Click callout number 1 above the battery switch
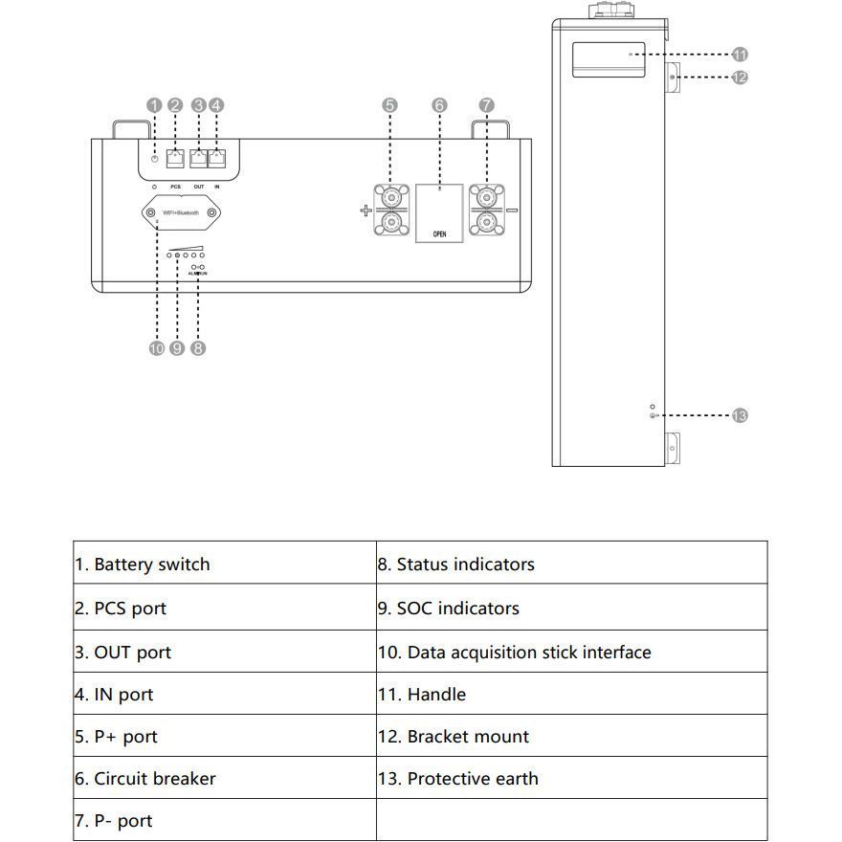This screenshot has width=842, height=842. coord(154,105)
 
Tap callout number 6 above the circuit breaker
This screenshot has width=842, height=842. coord(439,105)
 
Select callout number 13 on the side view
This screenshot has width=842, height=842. coord(740,415)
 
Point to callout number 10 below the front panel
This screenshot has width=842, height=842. coord(157,348)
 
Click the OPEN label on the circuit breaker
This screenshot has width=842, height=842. coord(439,233)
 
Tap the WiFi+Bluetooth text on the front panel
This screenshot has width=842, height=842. coord(180,212)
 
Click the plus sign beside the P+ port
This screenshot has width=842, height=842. coord(366,210)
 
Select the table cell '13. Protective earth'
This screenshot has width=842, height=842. coord(457,779)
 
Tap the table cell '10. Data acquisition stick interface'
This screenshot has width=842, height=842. coord(514,653)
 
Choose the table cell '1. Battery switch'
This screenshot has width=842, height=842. coord(142,565)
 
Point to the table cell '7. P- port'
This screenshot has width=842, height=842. coord(113,821)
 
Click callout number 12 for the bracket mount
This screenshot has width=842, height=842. coord(740,77)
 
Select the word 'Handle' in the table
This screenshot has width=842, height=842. coord(436,695)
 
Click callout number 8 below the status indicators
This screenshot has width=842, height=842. coord(198,348)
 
